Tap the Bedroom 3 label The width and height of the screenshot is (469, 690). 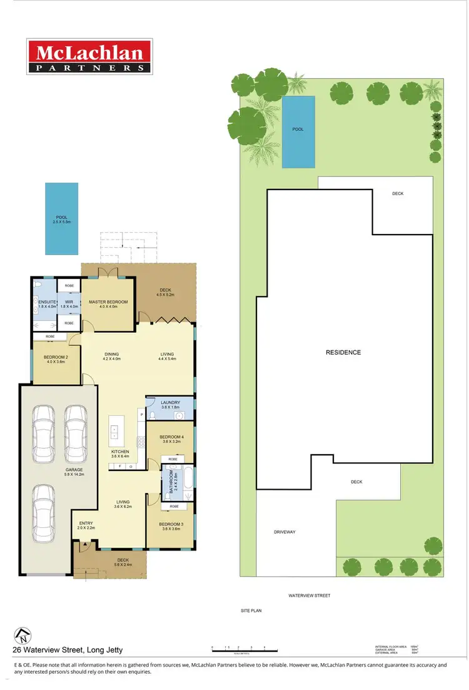click(170, 525)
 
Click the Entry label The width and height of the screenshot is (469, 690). click(86, 525)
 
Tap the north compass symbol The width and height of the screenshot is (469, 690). click(23, 634)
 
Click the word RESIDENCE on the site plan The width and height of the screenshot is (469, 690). click(343, 352)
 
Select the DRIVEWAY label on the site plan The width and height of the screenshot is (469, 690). click(284, 532)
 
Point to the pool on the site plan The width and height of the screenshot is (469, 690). click(298, 131)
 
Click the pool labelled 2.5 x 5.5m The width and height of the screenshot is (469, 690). click(61, 218)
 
